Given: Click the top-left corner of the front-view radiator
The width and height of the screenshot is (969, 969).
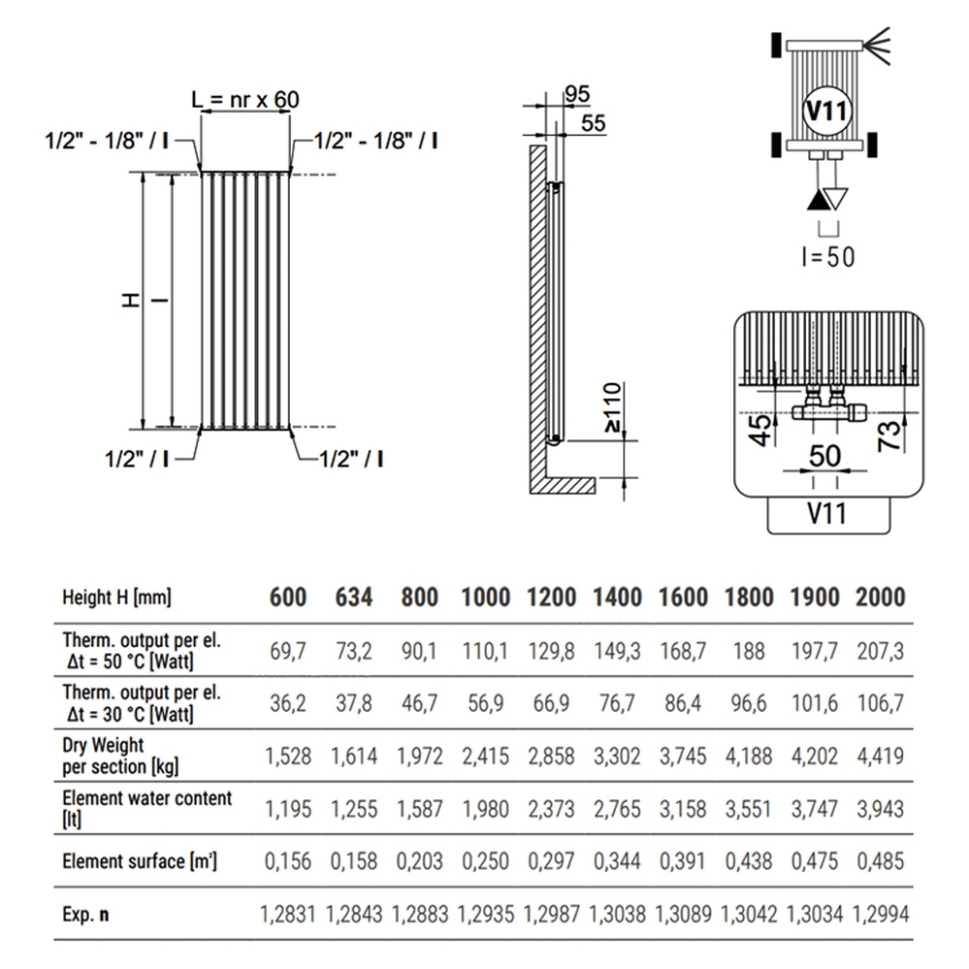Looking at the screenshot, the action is pos(202,173).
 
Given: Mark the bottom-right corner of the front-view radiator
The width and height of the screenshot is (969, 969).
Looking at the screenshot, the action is pos(290,429).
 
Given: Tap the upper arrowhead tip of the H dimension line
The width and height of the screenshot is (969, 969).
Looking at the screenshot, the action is pos(144,173).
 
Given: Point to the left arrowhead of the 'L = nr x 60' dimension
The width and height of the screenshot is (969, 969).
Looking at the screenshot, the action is pos(205,112).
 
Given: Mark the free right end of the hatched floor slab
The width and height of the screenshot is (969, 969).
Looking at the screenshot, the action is pos(595,485).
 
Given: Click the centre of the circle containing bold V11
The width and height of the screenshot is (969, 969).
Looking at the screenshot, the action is pos(827,111).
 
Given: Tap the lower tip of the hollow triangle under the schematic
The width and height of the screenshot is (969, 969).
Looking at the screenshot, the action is pos(836,210).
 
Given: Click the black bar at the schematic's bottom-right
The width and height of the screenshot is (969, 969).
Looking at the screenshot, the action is pos(872,145).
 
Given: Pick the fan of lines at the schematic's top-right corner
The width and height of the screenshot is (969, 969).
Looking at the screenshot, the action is pos(877,45).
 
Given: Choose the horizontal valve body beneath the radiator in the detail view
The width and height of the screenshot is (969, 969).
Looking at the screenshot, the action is pos(829,412).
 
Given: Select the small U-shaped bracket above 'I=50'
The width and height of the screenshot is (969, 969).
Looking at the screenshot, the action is pos(828,229).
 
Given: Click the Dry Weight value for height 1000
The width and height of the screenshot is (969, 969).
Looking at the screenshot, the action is pos(485,756).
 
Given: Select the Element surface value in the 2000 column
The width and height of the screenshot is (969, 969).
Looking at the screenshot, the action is pos(881,861).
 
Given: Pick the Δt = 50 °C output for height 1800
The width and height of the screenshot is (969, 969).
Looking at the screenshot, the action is pos(749,650).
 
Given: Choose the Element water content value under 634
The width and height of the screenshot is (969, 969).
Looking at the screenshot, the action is pos(354,809).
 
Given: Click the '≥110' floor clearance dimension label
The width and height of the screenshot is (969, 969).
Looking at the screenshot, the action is pos(612,408).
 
